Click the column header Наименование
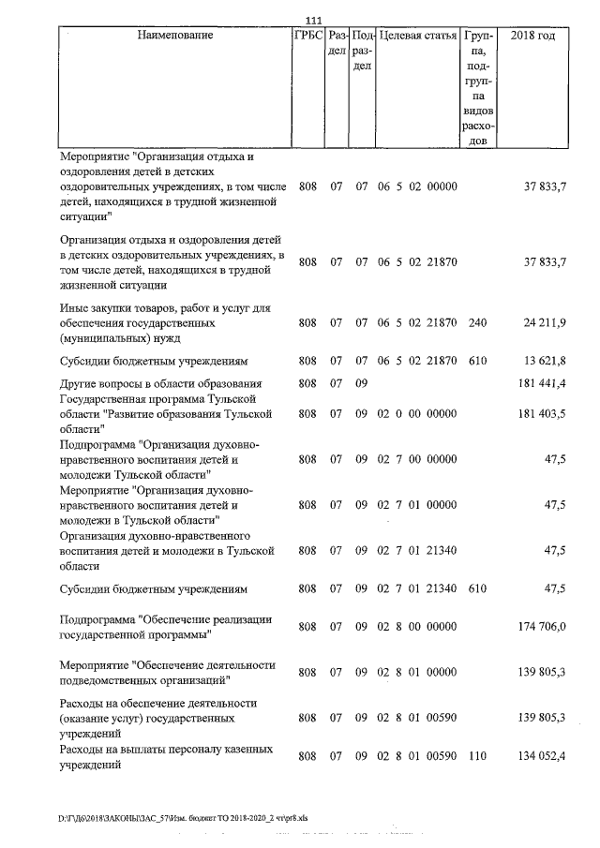pos(175,37)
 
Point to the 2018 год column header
pos(532,37)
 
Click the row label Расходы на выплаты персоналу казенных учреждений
pos(166,757)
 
